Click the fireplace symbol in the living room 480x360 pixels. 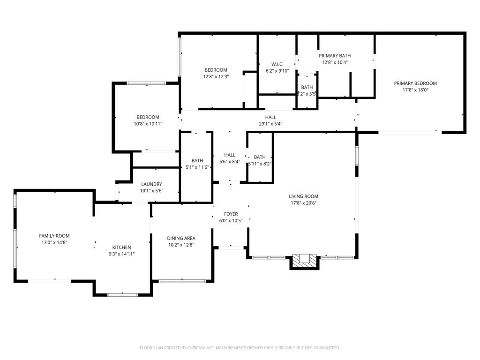305,261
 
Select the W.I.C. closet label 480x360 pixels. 277,64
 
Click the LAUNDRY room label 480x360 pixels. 151,184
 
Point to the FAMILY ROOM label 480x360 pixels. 54,236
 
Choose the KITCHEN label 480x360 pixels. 121,247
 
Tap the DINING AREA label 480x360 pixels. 181,238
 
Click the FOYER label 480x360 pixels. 231,214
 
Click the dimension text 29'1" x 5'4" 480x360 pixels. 270,124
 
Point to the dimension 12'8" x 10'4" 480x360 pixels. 335,62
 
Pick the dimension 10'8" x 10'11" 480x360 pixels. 148,124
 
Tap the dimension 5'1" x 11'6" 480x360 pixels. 197,167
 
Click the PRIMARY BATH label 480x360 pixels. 335,55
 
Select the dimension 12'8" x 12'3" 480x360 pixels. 216,76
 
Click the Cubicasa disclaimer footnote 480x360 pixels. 240,348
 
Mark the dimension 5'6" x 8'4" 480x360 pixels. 230,161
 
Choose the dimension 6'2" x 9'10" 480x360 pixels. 277,71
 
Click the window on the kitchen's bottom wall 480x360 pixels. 122,294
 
